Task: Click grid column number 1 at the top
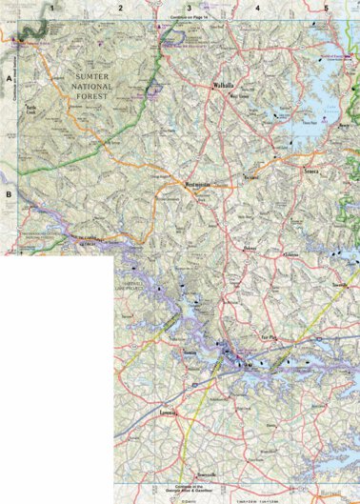53,8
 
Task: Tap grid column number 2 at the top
121,8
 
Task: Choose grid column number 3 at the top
190,8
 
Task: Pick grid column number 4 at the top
258,8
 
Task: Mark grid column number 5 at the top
327,8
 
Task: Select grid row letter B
8,196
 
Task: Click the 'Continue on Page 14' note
188,18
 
